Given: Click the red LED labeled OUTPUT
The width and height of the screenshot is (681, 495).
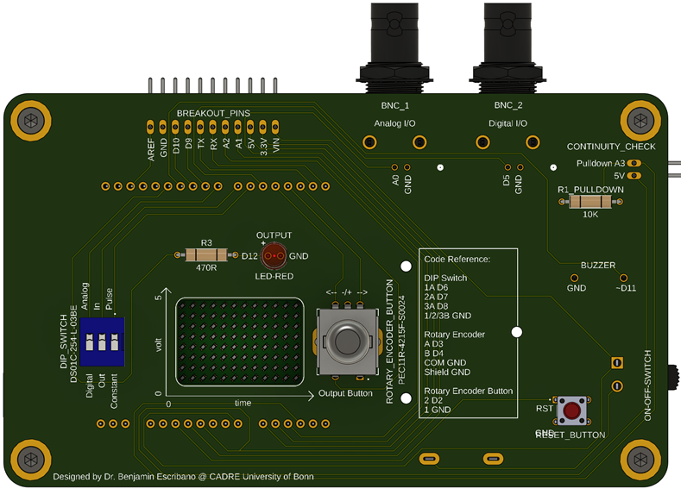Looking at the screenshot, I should point(274,255).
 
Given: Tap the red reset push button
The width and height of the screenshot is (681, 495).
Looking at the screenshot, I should point(571,410).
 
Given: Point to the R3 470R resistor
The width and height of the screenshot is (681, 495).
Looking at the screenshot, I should point(206,255).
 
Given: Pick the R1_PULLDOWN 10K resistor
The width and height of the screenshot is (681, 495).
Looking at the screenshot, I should point(590,202).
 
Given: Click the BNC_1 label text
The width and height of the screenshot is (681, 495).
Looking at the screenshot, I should point(394,105).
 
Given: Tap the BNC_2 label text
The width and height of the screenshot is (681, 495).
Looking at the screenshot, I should point(508,105).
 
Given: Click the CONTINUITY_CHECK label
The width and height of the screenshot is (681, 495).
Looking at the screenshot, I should point(611,147).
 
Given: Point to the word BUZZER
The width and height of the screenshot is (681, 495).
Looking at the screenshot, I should point(598,266).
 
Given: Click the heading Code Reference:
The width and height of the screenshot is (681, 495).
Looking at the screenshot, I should point(457,259).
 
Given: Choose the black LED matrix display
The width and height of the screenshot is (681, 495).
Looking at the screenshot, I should point(241,343).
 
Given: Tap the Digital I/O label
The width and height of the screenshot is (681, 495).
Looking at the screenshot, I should point(508,123).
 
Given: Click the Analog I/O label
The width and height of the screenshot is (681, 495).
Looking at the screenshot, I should point(394,123).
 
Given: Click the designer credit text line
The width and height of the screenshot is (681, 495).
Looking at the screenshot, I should point(183,477).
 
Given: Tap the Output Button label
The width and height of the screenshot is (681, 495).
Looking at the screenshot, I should point(346,393).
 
